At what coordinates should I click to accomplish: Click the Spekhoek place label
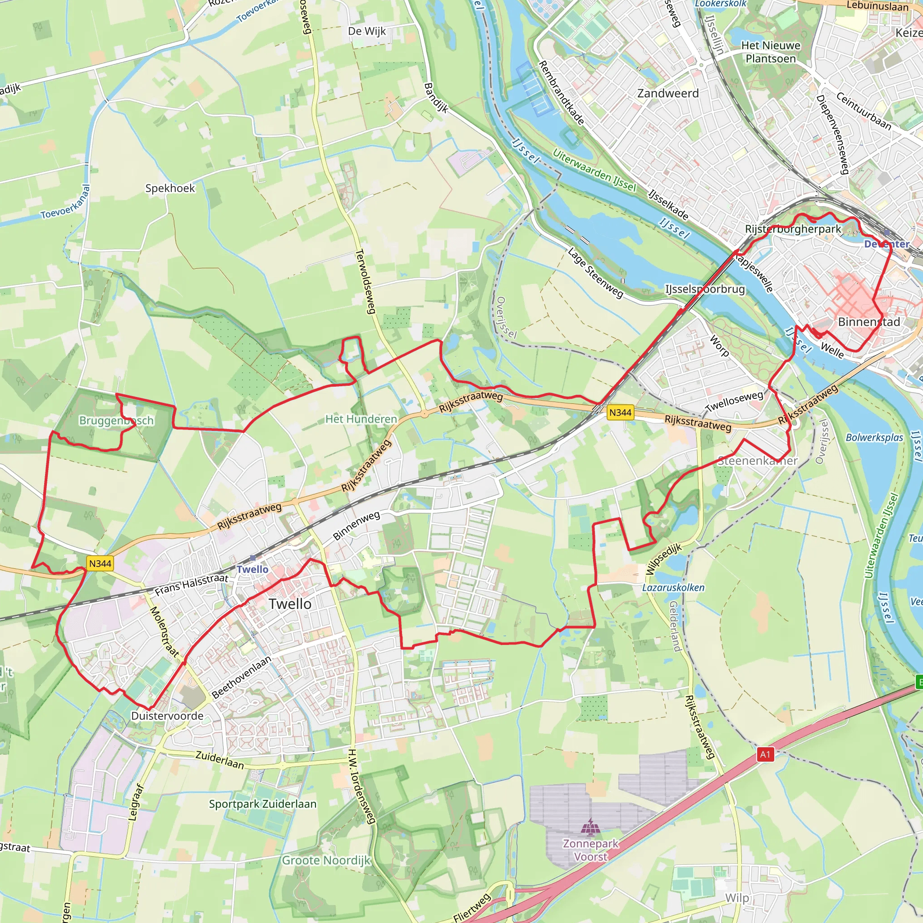click(x=170, y=188)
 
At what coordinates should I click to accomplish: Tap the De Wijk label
click(x=366, y=31)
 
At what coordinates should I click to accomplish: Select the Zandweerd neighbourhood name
click(x=667, y=93)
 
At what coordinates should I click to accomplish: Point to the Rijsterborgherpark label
click(x=793, y=229)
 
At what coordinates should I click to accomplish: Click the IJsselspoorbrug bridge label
click(x=705, y=289)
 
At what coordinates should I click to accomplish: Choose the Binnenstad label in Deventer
click(x=869, y=321)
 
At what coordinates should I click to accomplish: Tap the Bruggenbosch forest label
click(x=116, y=420)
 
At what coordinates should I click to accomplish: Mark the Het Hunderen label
click(x=361, y=419)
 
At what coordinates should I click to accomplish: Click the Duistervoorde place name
click(x=167, y=716)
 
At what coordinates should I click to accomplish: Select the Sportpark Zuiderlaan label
click(x=262, y=804)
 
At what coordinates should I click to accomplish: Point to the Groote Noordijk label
click(x=326, y=860)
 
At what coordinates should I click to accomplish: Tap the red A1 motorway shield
click(x=765, y=754)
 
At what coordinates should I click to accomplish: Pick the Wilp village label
click(x=737, y=898)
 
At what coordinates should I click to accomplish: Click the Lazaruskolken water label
click(x=673, y=588)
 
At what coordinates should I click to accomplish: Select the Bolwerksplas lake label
click(x=874, y=438)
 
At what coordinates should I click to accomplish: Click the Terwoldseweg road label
click(x=366, y=281)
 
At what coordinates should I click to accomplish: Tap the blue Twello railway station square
click(x=252, y=558)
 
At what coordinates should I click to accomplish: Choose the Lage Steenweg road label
click(x=595, y=273)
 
